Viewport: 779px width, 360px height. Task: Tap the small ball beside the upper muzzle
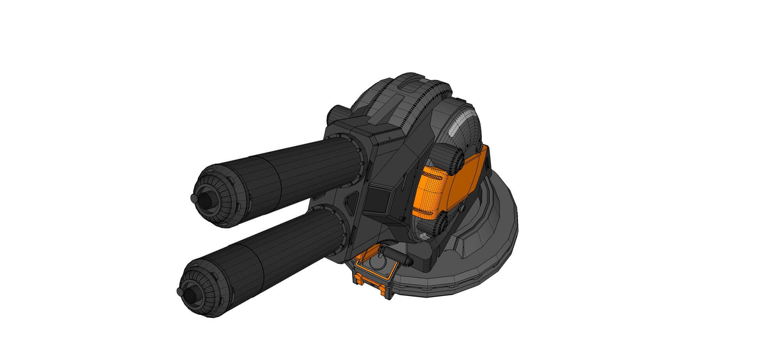point(194,198)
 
